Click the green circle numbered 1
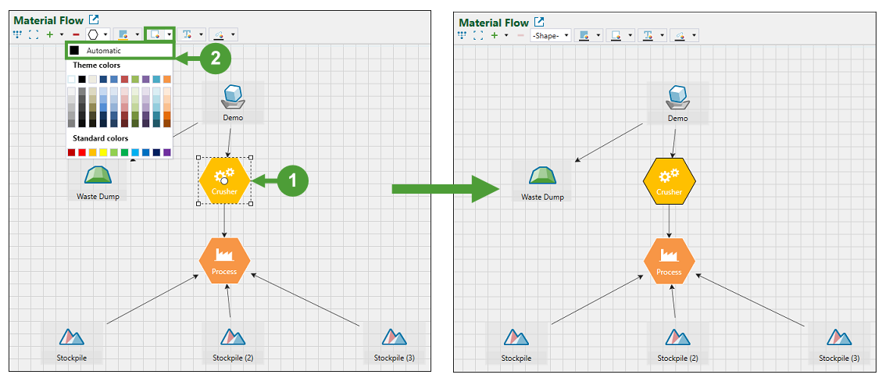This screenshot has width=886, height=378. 293,180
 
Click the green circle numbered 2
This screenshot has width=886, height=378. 215,58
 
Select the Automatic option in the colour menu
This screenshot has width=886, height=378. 103,51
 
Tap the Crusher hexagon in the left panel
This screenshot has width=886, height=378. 224,180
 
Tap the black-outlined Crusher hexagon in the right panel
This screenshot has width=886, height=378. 669,180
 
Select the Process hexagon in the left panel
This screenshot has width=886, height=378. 224,260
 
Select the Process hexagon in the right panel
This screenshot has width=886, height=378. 669,261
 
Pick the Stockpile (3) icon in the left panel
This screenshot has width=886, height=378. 394,337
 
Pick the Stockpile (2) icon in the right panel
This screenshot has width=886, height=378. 677,337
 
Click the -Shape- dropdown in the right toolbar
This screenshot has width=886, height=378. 551,35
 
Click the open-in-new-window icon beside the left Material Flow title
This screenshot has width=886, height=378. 94,20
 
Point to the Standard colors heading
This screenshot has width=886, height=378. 100,138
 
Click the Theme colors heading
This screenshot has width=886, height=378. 97,66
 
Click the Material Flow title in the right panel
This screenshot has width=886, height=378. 493,23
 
